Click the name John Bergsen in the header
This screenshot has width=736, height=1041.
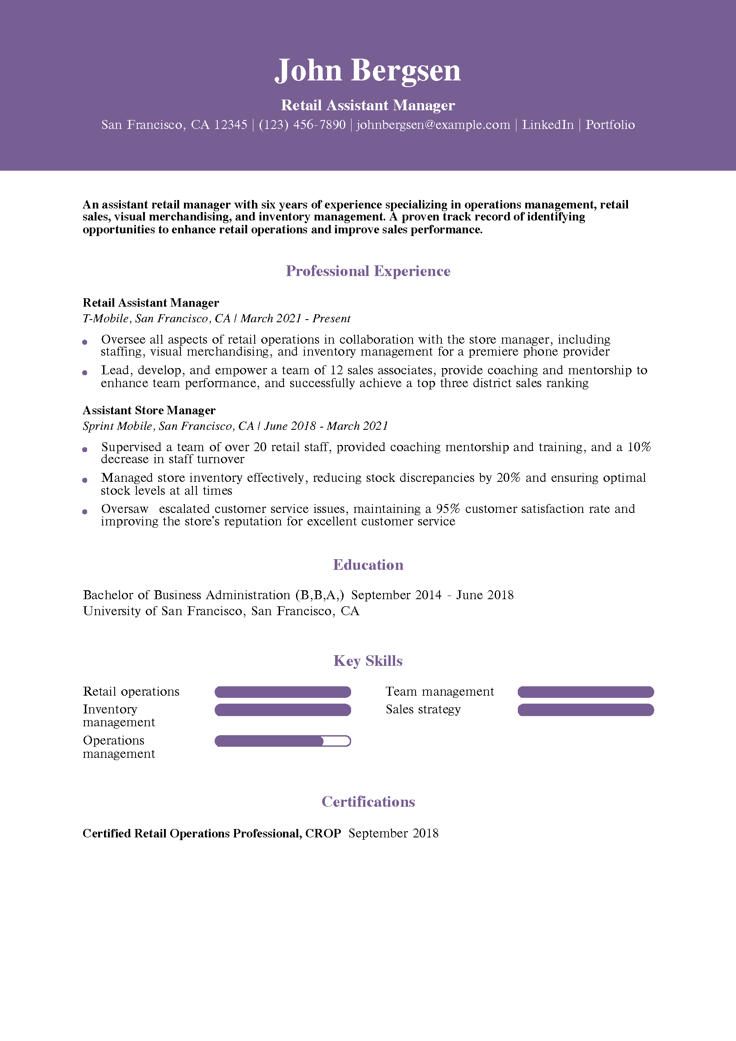tap(368, 71)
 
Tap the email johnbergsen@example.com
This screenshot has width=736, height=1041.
tap(433, 125)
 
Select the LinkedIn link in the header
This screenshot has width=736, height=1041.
tap(548, 125)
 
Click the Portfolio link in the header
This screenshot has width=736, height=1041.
tap(610, 125)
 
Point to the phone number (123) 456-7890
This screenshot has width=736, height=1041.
tap(302, 125)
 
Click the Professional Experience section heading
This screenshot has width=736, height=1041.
tap(368, 271)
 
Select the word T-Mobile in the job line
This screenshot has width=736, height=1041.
tap(106, 319)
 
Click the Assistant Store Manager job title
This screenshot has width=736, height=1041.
tap(149, 410)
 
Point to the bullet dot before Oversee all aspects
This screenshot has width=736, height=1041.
tap(85, 342)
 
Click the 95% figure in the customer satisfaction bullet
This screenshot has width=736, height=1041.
tap(448, 509)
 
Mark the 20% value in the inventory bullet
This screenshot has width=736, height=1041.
tap(508, 478)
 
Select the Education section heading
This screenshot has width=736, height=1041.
tap(368, 565)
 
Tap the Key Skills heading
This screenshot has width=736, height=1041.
tap(368, 661)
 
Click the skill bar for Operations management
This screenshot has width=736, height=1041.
tap(283, 741)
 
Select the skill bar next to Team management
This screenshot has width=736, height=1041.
tap(585, 692)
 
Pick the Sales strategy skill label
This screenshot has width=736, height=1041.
tap(423, 709)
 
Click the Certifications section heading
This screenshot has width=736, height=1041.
tap(368, 801)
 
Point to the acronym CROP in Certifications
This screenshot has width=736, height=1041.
tap(323, 833)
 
